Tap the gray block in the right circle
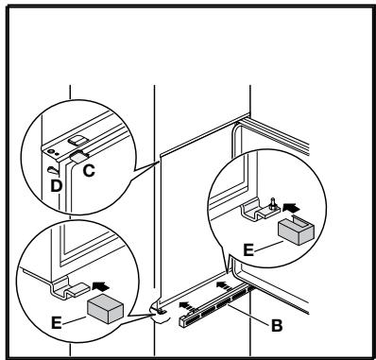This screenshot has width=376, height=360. [x=295, y=230]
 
